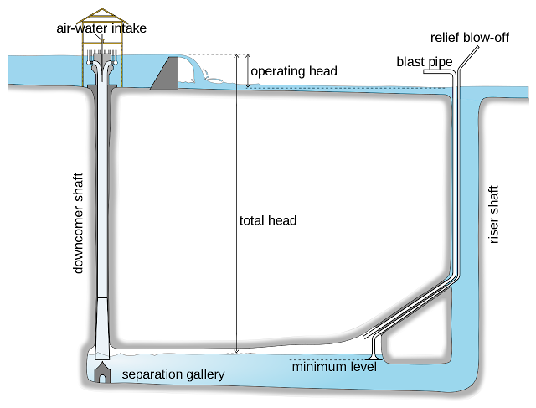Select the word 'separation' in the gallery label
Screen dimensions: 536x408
click(152, 374)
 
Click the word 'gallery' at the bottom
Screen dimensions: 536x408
click(205, 374)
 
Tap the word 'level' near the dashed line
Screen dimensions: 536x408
click(364, 366)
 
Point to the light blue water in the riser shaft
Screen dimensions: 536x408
click(469, 251)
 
